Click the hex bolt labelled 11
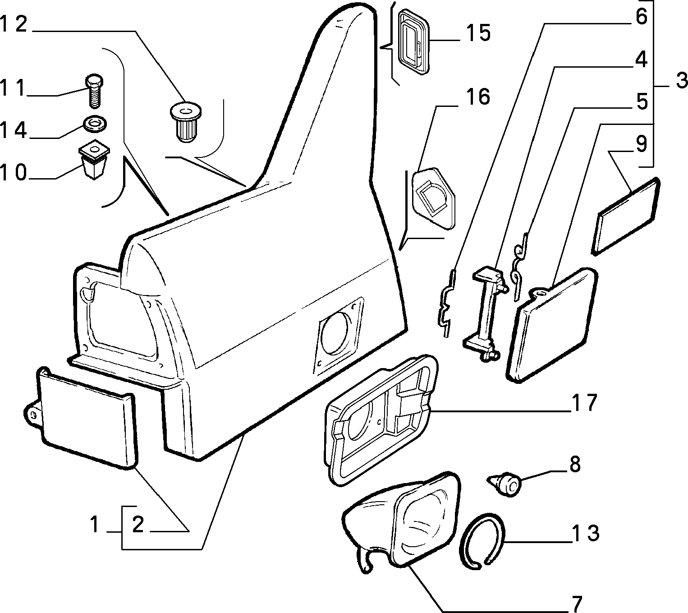click(x=94, y=91)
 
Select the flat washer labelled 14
click(x=94, y=124)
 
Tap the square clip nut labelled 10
click(x=94, y=159)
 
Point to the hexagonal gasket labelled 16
click(x=433, y=198)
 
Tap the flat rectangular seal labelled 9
click(x=625, y=217)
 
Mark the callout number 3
click(x=681, y=81)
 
